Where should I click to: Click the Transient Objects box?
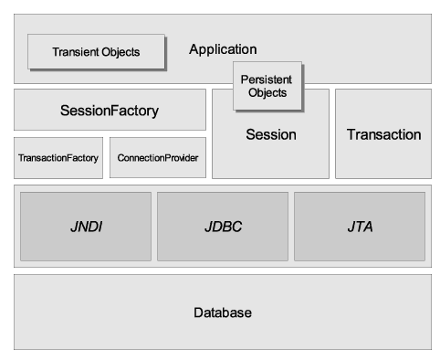coord(96,52)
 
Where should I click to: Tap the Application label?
coord(223,49)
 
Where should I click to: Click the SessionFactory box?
coord(110,111)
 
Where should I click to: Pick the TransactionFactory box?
coord(58,158)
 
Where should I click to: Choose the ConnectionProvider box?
coord(157,158)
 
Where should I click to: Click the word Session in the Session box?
coord(271,135)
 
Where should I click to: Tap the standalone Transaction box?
coord(383,134)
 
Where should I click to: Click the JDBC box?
coord(222,225)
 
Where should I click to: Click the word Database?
coord(222,312)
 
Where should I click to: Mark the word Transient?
coord(75,52)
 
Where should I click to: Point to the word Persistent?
coord(267,79)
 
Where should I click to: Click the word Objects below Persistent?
coord(267,92)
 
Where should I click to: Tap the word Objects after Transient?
coord(120,52)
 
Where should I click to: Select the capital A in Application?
coord(194,49)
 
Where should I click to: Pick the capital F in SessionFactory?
coord(113,111)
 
